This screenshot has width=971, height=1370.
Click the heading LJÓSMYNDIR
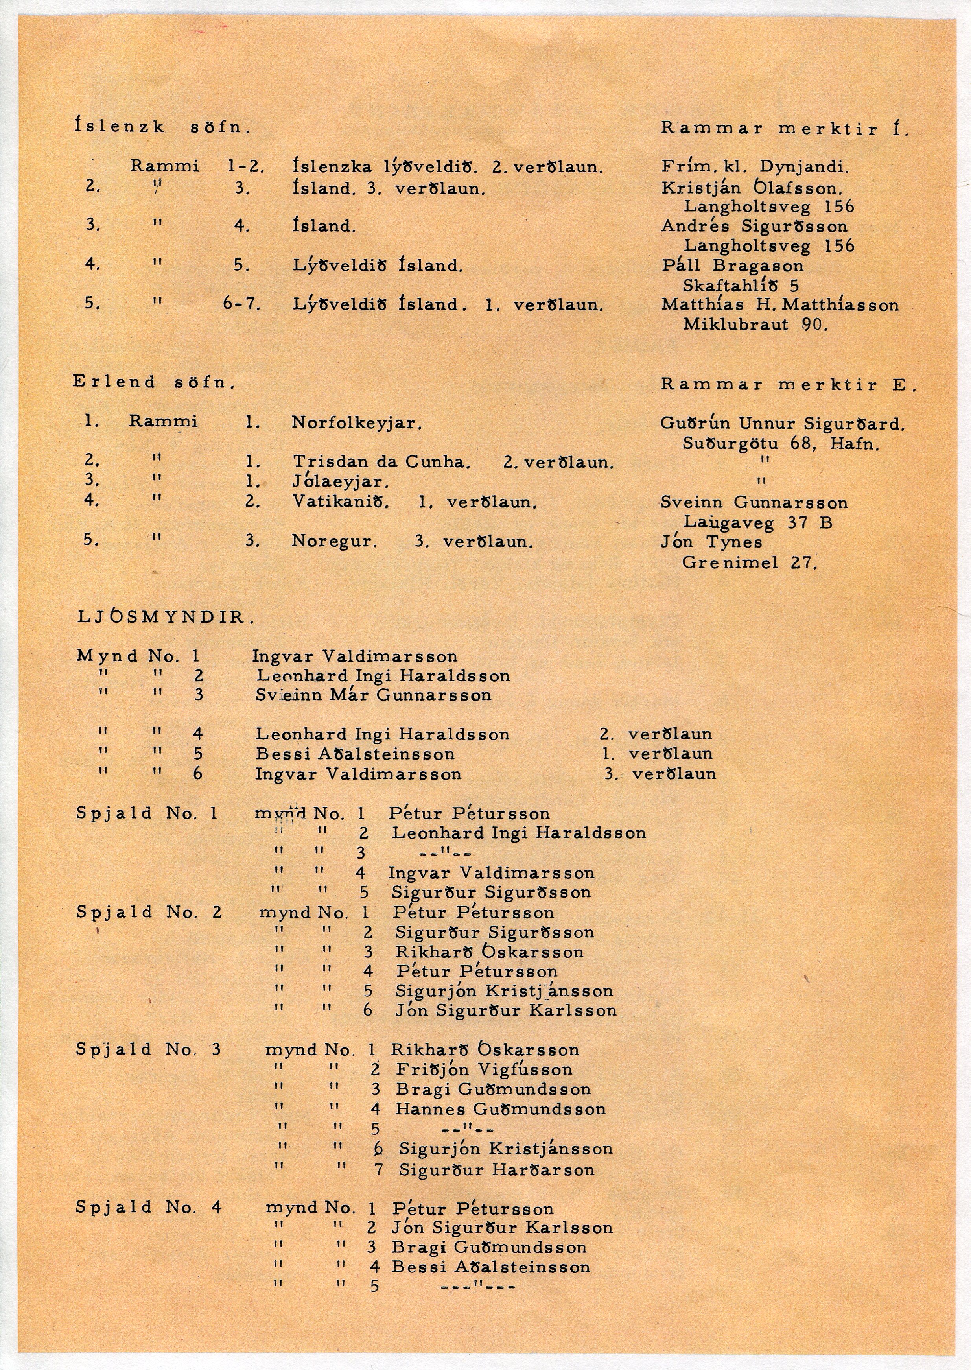[166, 617]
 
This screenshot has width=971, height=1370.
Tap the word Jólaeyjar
[341, 481]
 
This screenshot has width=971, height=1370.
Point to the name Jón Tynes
[711, 542]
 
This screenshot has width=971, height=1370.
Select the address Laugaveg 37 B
[757, 523]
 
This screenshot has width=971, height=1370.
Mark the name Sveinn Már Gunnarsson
[373, 695]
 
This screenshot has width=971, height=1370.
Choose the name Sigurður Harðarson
[496, 1170]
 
